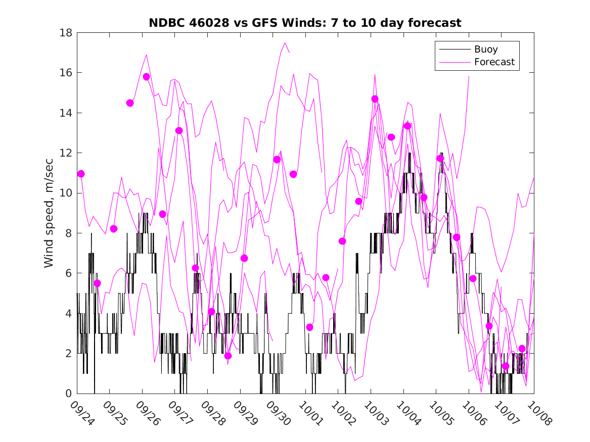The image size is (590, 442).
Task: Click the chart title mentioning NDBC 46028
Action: pyautogui.click(x=304, y=23)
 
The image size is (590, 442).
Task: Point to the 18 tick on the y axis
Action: pyautogui.click(x=67, y=33)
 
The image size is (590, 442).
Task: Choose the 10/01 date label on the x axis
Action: pyautogui.click(x=309, y=413)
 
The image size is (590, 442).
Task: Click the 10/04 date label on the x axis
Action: pyautogui.click(x=407, y=413)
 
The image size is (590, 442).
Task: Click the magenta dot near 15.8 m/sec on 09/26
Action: pyautogui.click(x=146, y=77)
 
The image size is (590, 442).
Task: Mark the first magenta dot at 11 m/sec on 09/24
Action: pyautogui.click(x=81, y=174)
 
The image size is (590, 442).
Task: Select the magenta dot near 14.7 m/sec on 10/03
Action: pyautogui.click(x=375, y=99)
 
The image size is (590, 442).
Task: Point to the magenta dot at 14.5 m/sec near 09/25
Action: pyautogui.click(x=130, y=103)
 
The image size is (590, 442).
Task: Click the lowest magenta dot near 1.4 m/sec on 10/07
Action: pyautogui.click(x=505, y=366)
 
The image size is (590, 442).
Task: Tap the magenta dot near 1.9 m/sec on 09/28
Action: pyautogui.click(x=228, y=356)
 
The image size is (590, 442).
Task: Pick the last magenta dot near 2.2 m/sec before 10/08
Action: pyautogui.click(x=522, y=349)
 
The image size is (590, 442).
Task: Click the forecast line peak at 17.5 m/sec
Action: pyautogui.click(x=285, y=42)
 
